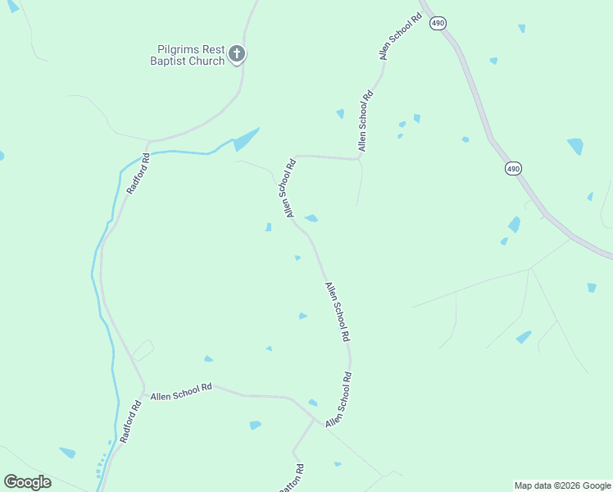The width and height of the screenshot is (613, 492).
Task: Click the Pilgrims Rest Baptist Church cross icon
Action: tap(237, 54)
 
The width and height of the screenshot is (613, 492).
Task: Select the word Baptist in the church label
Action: tap(170, 61)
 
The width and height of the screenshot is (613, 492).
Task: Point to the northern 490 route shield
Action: tap(438, 23)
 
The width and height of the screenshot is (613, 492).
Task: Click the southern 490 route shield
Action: tap(513, 169)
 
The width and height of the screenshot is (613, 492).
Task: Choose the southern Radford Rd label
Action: tap(131, 422)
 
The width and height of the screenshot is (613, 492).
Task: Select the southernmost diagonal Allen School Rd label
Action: tap(339, 399)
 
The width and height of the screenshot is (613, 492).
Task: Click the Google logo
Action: tap(27, 481)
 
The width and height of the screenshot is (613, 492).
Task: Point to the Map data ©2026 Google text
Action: tap(562, 485)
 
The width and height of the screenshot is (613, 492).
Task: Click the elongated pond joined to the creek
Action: tap(245, 139)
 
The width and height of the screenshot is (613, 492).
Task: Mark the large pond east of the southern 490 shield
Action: tap(575, 146)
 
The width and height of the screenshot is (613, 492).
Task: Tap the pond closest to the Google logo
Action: tap(67, 452)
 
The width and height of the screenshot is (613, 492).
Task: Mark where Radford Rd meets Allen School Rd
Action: tap(145, 392)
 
